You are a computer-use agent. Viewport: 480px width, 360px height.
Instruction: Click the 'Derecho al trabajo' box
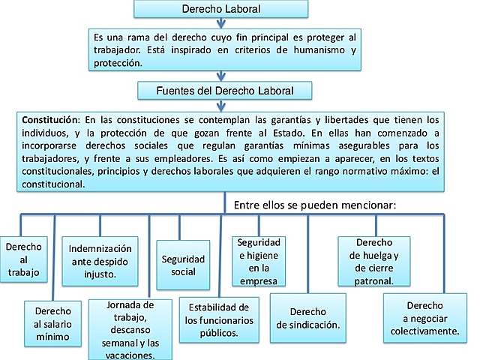click(24, 259)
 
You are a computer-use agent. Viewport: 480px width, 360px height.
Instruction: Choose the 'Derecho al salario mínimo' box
click(52, 323)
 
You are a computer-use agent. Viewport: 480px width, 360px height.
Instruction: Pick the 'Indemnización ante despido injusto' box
click(100, 261)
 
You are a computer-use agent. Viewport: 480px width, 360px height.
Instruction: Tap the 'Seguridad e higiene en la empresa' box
click(259, 261)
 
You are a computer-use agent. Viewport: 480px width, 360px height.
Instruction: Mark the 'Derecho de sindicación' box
click(307, 319)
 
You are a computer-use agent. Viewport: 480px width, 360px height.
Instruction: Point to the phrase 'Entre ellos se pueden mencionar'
click(315, 205)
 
